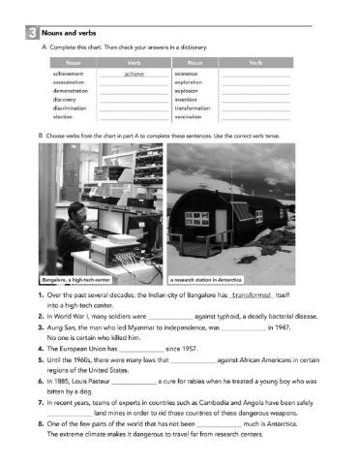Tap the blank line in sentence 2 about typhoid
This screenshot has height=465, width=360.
168,314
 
